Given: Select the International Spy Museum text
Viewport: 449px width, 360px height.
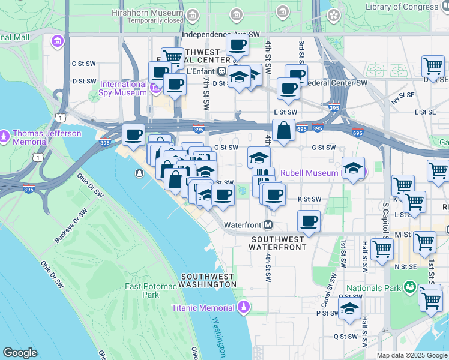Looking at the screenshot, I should pyautogui.click(x=123, y=88).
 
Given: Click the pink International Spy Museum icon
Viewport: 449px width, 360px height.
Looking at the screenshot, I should pyautogui.click(x=155, y=89).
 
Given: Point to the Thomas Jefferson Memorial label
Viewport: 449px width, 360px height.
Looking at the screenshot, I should pyautogui.click(x=38, y=137).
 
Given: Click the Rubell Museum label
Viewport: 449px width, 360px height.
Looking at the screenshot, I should pyautogui.click(x=309, y=173).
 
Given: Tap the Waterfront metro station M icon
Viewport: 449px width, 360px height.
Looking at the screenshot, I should pyautogui.click(x=268, y=226).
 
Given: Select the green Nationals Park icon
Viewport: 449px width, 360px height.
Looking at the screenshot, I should pyautogui.click(x=410, y=288).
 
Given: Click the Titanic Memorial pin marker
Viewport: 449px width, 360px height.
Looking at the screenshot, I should pyautogui.click(x=243, y=308).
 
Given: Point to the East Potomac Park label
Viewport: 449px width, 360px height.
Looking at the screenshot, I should pyautogui.click(x=142, y=290).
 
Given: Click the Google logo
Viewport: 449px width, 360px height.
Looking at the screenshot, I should pyautogui.click(x=20, y=353).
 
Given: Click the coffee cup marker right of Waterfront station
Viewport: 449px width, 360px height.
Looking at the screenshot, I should pyautogui.click(x=309, y=221).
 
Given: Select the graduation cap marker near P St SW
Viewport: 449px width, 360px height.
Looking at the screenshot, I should pyautogui.click(x=349, y=310).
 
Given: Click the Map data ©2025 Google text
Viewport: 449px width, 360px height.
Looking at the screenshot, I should pyautogui.click(x=411, y=355).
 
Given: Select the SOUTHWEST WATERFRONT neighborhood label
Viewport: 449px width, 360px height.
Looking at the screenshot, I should pyautogui.click(x=279, y=243).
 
